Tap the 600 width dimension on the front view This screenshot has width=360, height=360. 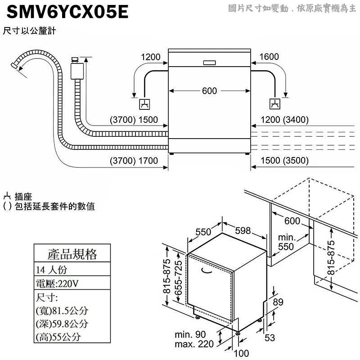(209, 91)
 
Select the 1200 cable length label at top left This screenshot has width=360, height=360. (151, 57)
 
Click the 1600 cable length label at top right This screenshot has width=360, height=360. (270, 57)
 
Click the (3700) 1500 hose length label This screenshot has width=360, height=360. (134, 120)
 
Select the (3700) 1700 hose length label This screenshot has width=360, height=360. (134, 161)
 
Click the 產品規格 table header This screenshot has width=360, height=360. (72, 254)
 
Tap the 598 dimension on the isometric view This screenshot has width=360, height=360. (243, 230)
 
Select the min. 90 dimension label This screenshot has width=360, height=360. (191, 335)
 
